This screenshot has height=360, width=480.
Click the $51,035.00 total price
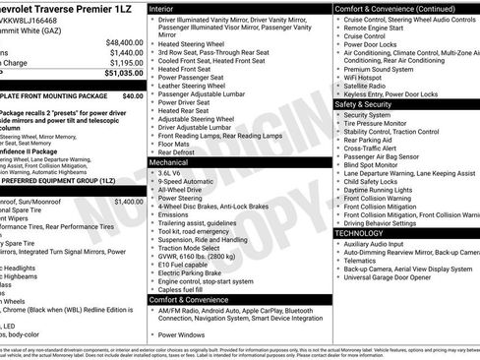pos(117,73)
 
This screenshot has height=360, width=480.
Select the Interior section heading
pos(166,7)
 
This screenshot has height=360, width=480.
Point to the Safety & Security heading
pos(370,103)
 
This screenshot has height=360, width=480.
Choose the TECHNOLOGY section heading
pos(363,233)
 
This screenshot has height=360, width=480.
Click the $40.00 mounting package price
pos(132,97)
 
